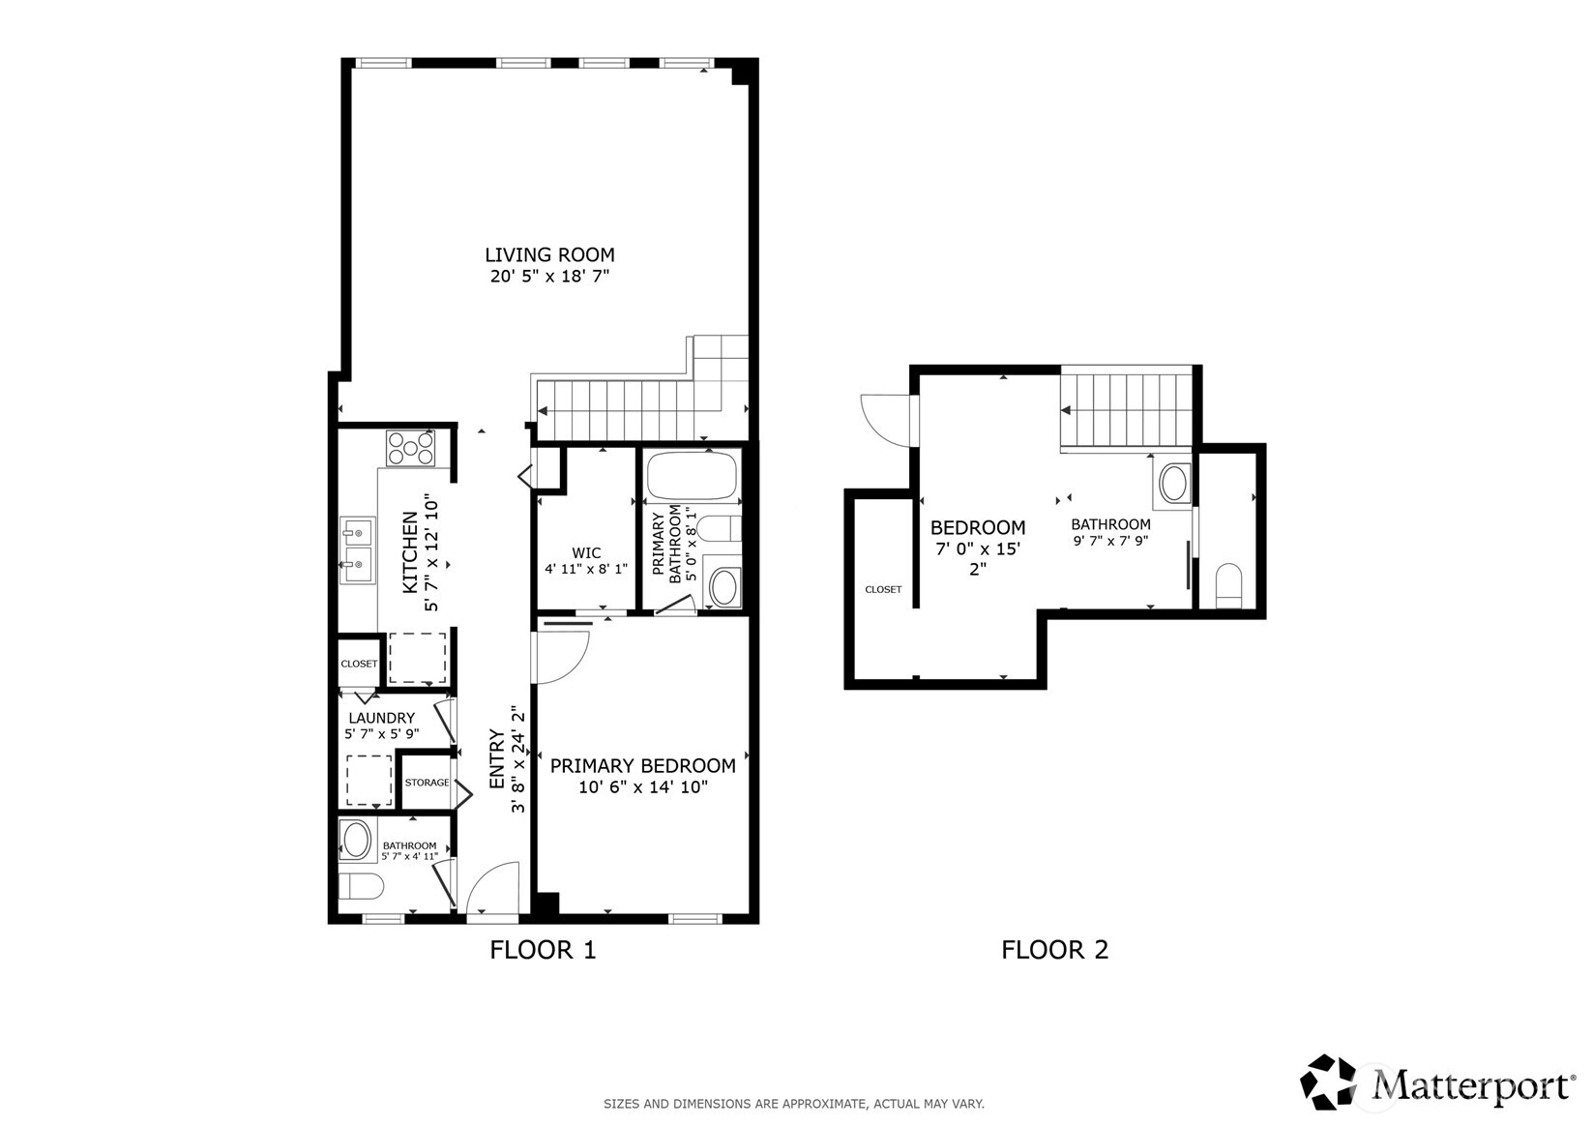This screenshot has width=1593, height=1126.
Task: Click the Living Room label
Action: tap(549, 254)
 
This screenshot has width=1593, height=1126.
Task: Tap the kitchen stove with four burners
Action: tap(410, 448)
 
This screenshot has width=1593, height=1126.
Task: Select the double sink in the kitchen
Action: tap(357, 549)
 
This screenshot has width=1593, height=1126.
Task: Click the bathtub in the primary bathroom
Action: tap(692, 476)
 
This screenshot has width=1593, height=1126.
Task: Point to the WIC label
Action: tap(586, 552)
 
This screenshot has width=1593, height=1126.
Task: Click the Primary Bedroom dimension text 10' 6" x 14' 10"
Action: tap(643, 787)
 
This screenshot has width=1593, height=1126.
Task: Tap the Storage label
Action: tap(427, 783)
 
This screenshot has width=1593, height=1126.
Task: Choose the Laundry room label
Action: tap(382, 719)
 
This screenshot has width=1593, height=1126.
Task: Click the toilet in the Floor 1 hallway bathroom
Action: tap(361, 886)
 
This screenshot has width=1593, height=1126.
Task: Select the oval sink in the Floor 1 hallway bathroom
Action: tap(356, 840)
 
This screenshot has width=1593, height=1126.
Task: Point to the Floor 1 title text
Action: tap(543, 950)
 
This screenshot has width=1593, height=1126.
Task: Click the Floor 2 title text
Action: tap(1054, 950)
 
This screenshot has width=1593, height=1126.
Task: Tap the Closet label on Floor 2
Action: tap(883, 590)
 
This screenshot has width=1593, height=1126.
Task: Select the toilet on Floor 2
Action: tap(1229, 585)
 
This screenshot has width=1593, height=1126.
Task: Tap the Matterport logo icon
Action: tap(1328, 1082)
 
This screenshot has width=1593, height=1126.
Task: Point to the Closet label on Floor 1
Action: tap(359, 664)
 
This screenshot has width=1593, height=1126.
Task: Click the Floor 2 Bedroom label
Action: tap(978, 528)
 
